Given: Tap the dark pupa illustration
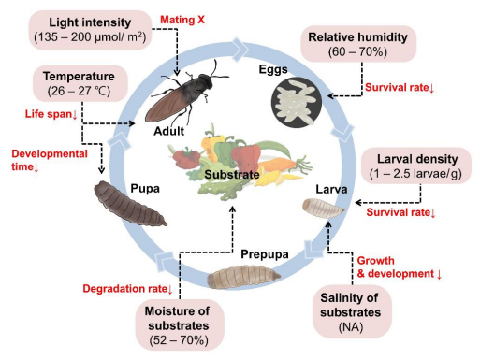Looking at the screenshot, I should [130, 208].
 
